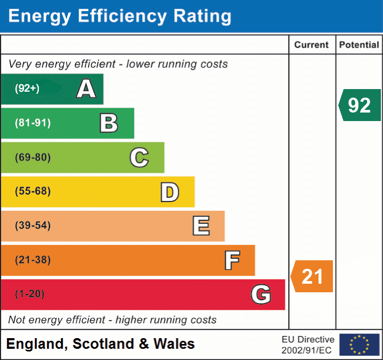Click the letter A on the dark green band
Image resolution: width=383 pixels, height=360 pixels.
click(x=86, y=89)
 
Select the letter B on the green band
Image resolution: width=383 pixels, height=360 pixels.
click(x=109, y=123)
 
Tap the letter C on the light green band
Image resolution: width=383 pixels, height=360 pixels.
click(x=139, y=157)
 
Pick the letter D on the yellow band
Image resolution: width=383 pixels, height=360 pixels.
click(x=170, y=192)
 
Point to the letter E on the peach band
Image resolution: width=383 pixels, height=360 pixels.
click(x=201, y=226)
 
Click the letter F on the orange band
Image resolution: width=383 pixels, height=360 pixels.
click(x=232, y=260)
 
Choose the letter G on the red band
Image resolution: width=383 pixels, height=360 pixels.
click(x=261, y=294)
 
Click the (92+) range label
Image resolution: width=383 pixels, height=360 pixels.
click(x=27, y=88)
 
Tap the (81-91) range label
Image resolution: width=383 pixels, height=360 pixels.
click(x=33, y=123)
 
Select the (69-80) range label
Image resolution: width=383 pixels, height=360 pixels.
click(x=33, y=157)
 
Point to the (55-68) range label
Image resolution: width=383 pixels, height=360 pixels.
click(x=33, y=191)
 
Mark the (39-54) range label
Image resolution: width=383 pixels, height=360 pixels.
click(x=33, y=225)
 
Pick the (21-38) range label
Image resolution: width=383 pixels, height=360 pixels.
click(x=33, y=260)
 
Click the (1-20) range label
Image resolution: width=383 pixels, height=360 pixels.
click(x=30, y=294)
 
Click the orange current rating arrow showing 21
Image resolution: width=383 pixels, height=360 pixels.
click(x=312, y=276)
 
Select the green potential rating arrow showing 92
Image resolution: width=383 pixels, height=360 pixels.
click(x=360, y=105)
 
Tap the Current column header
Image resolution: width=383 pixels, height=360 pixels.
click(x=312, y=45)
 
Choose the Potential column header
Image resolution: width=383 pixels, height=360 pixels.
click(x=359, y=45)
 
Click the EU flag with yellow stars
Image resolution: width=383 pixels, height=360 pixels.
click(x=360, y=345)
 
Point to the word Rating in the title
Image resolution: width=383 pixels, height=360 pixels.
click(x=202, y=16)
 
